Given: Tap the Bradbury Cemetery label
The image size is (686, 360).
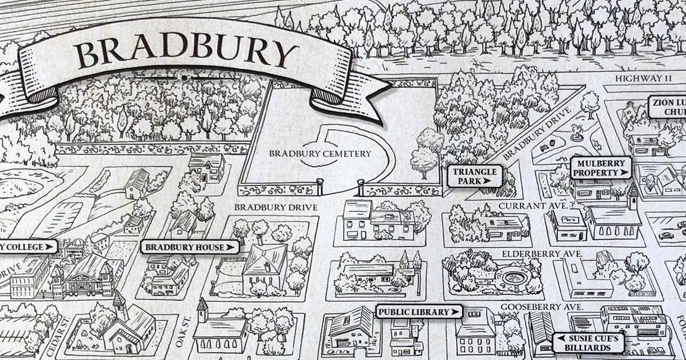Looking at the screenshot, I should (320, 153).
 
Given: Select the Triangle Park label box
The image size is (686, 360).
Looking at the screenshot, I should (473, 175).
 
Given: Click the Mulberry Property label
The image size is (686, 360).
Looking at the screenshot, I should (600, 168).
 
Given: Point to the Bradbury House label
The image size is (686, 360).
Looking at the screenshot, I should (189, 247).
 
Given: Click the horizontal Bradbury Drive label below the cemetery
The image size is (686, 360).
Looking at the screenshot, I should (276, 207).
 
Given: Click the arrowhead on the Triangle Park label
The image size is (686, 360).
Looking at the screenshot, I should (487, 181).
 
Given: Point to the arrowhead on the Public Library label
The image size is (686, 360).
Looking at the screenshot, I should (455, 312).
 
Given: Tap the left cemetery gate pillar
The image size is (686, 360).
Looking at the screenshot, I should (320, 186).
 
